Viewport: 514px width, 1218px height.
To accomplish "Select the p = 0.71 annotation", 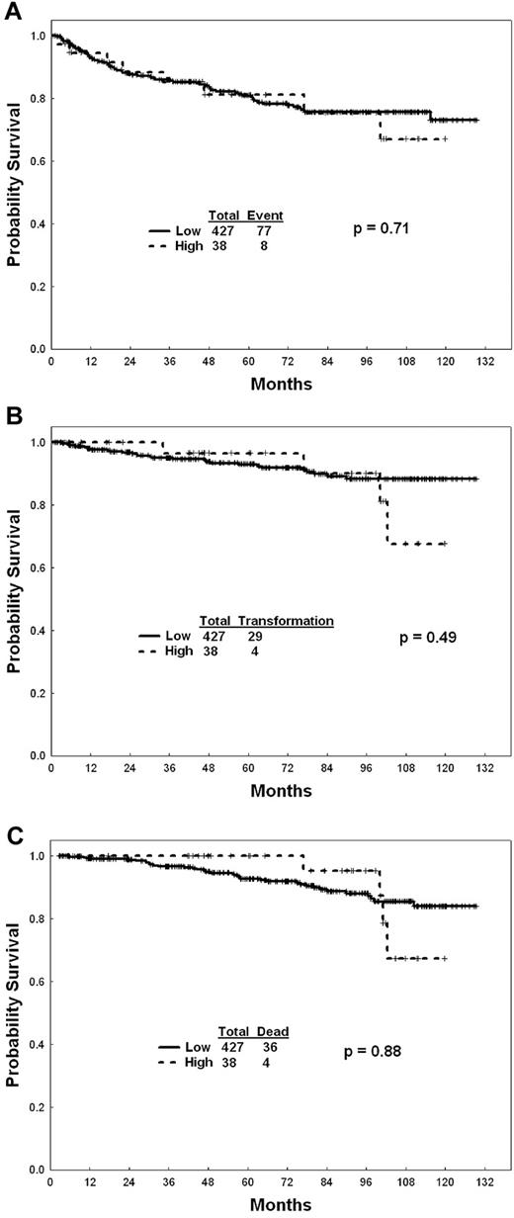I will coord(383,229).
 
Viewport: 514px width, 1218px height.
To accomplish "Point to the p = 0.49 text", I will coord(427,638).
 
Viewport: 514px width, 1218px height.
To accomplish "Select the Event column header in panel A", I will coord(265,215).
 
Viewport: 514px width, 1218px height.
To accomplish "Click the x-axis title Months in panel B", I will coord(281,791).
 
